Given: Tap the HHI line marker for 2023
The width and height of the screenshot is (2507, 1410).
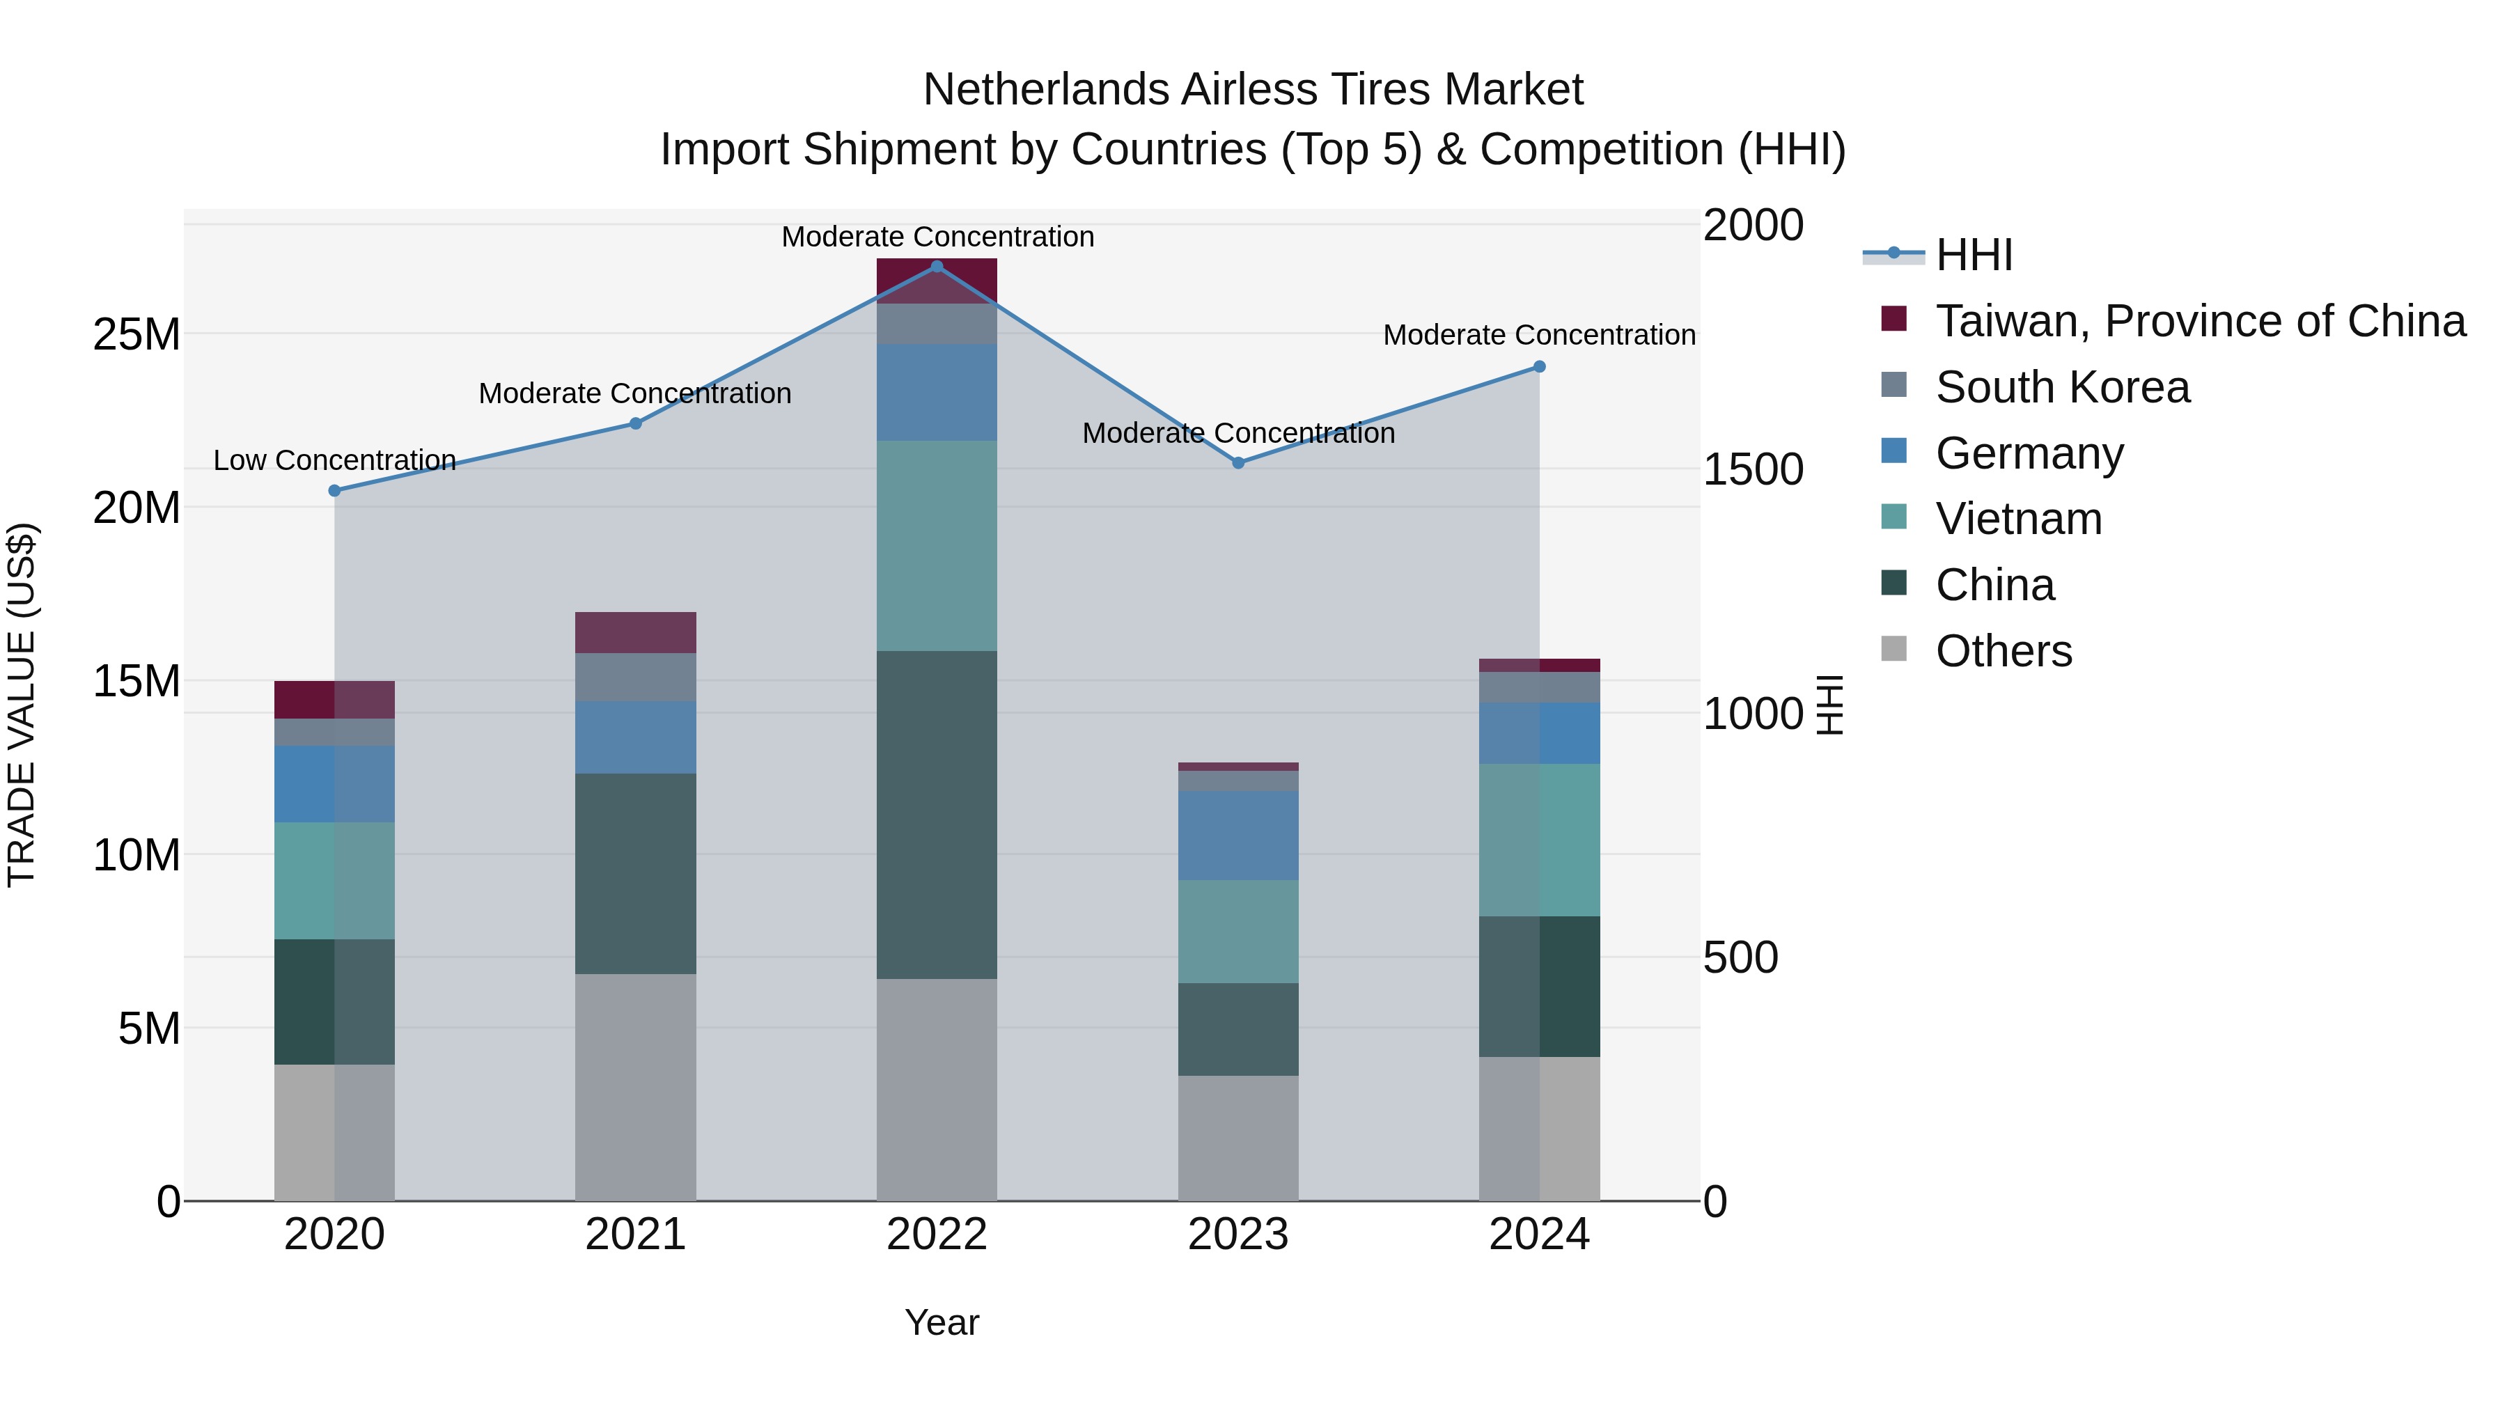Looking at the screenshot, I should coord(1238,463).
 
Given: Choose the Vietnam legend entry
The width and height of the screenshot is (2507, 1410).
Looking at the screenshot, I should coord(2018,519).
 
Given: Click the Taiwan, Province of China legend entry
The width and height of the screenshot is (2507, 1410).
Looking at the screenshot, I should coord(2199,321).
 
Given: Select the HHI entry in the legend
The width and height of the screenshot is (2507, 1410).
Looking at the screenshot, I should coord(1974,255).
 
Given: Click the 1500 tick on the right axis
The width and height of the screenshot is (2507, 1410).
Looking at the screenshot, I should coord(1753,470).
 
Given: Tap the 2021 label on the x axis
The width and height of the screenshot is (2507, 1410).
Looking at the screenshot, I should coord(636,1235).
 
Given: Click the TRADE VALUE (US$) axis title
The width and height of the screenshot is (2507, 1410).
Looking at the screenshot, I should coord(22,705).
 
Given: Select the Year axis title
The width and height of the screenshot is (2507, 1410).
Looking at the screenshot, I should coord(941,1322).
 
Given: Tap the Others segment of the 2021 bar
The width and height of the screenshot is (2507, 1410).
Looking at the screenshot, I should coord(636,1087).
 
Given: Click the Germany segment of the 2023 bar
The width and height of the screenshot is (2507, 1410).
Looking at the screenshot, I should coord(1238,835).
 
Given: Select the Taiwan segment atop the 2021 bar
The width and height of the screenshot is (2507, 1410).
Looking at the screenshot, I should coord(636,632).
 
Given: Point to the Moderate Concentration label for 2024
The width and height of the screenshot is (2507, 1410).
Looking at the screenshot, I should coord(1538,336).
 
